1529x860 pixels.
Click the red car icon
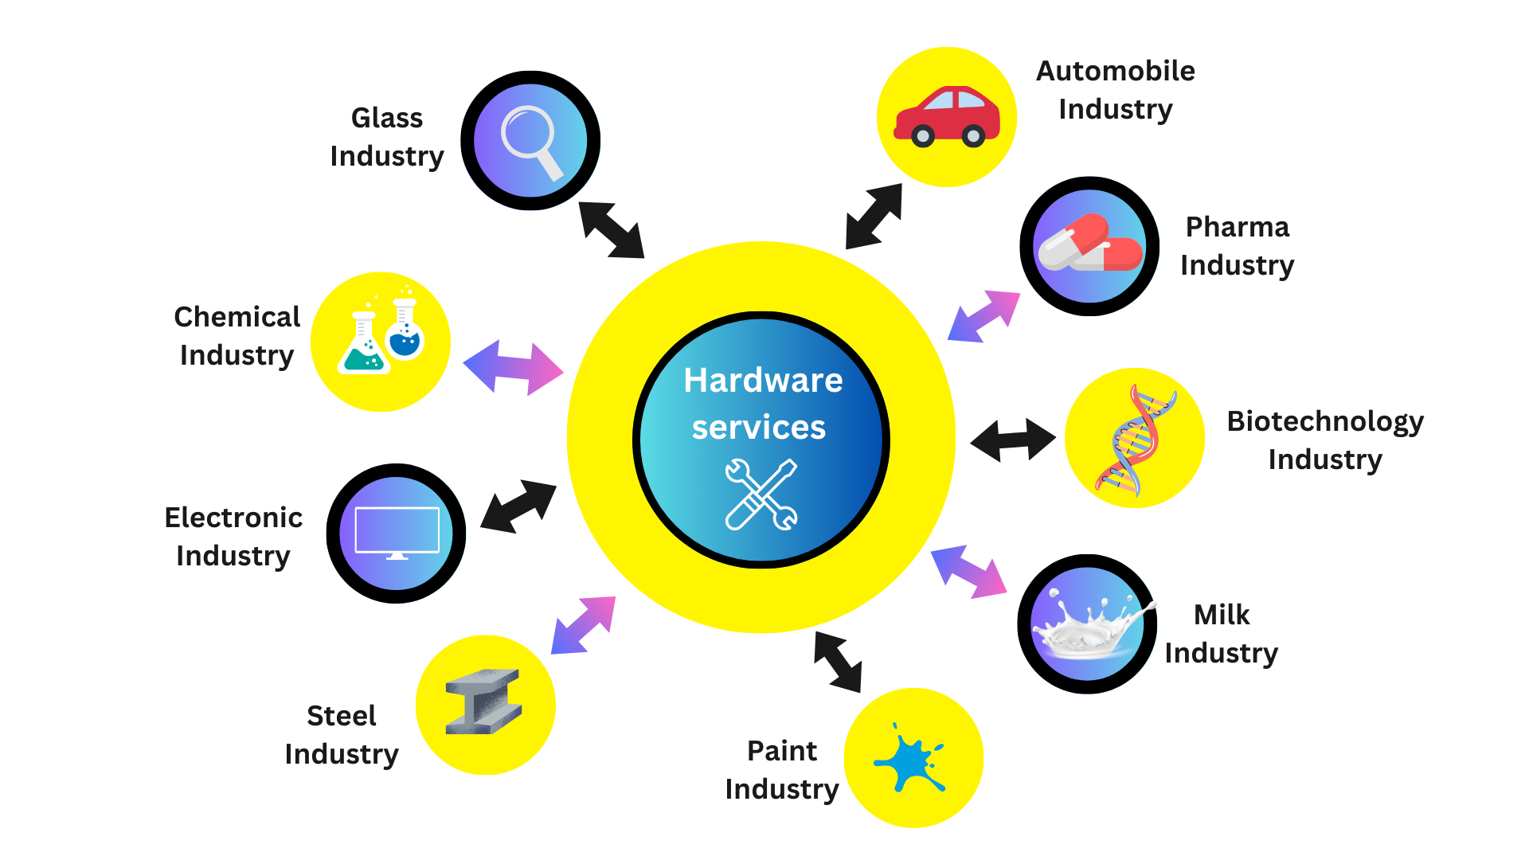[946, 117]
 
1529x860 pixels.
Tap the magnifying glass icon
[530, 141]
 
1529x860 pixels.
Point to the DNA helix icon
[1134, 438]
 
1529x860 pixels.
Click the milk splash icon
[1088, 624]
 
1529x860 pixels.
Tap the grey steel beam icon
[484, 702]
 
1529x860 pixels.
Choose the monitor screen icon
[397, 532]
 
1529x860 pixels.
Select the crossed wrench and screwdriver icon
[761, 494]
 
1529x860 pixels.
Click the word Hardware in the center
[763, 381]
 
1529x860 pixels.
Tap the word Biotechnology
[1325, 421]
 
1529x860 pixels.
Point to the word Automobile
[1115, 72]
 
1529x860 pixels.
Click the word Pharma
[1237, 228]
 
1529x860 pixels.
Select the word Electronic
[233, 518]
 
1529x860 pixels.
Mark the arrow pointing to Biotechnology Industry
[1013, 440]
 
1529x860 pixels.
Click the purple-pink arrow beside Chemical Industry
[513, 368]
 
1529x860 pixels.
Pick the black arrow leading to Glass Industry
[611, 230]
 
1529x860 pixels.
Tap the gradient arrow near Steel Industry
[584, 625]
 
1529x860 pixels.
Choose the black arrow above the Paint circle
[838, 662]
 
